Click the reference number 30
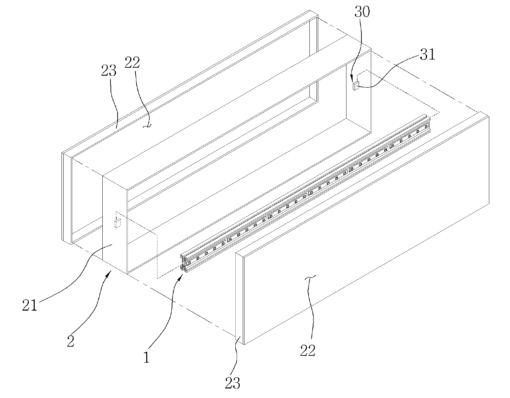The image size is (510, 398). [x=362, y=12]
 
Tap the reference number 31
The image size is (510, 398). [x=428, y=54]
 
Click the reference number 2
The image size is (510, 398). [x=70, y=341]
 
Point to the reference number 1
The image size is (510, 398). [x=146, y=358]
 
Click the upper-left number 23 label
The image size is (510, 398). [x=109, y=71]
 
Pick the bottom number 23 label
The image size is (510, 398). [x=233, y=383]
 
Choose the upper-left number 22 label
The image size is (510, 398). [x=132, y=63]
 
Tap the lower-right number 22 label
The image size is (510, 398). [x=308, y=350]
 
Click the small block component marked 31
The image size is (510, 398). [x=355, y=86]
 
